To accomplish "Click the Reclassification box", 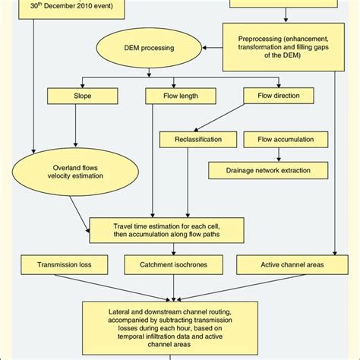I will point(191,139).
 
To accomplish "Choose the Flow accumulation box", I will point(280,139).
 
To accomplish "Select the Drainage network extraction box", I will point(270,171).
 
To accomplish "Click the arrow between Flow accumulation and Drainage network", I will point(280,155).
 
